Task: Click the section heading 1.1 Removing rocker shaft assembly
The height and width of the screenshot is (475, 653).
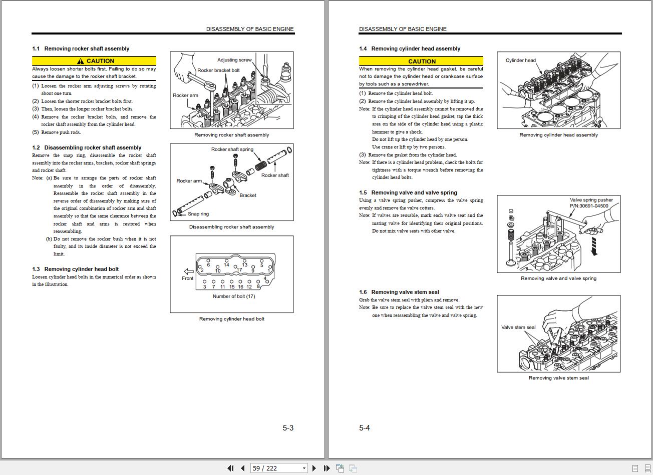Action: pyautogui.click(x=81, y=48)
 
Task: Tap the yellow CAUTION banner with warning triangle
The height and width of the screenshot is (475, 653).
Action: pyautogui.click(x=94, y=61)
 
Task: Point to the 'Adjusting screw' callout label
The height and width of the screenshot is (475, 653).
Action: pyautogui.click(x=234, y=60)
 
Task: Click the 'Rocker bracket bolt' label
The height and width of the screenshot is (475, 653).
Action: pyautogui.click(x=218, y=70)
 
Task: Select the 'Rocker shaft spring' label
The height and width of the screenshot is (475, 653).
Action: pyautogui.click(x=232, y=149)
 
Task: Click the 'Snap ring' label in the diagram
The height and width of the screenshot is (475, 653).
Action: pyautogui.click(x=198, y=214)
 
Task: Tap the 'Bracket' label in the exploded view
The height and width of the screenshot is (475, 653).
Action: pyautogui.click(x=248, y=195)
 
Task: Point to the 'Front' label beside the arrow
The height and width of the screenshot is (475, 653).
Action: pyautogui.click(x=187, y=278)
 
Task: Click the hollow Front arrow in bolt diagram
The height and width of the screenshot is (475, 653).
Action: pyautogui.click(x=189, y=271)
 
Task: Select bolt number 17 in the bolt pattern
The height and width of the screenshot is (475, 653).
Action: pyautogui.click(x=239, y=270)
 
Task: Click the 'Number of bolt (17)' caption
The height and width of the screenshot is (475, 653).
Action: pyautogui.click(x=234, y=296)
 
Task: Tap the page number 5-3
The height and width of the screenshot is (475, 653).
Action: pyautogui.click(x=288, y=428)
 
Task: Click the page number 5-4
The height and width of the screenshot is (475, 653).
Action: pyautogui.click(x=365, y=428)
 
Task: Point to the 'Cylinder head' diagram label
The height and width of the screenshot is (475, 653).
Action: pyautogui.click(x=521, y=60)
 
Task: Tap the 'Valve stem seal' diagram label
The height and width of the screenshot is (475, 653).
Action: pyautogui.click(x=518, y=327)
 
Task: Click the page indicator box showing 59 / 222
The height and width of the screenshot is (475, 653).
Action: pyautogui.click(x=279, y=468)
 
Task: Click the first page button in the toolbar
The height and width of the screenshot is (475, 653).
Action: pyautogui.click(x=230, y=468)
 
